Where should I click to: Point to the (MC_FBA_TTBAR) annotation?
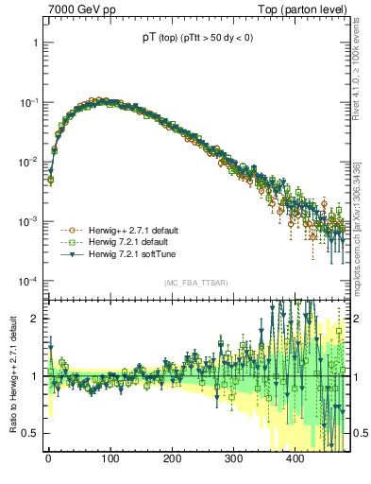pos(194,284)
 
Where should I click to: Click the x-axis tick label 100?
pos(110,458)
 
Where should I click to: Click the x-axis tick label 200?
pos(172,458)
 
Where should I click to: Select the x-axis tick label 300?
pos(233,458)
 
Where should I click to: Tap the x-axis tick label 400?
pos(295,458)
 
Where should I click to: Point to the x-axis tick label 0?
pos(48,458)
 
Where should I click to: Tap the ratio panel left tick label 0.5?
pos(30,433)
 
